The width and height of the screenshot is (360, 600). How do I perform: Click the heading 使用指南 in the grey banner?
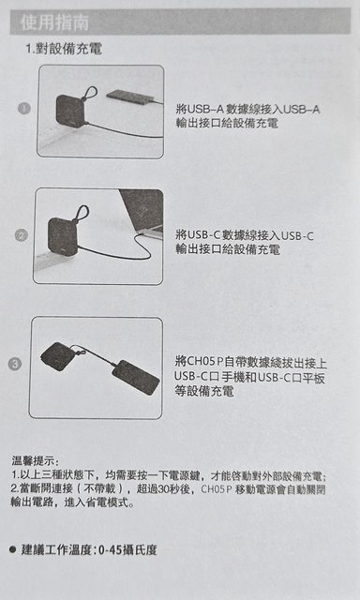tap(54, 22)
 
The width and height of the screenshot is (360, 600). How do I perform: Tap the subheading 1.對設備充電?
tap(64, 49)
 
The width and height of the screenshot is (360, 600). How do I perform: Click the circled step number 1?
tap(23, 109)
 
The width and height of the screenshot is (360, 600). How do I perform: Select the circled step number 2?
tap(21, 235)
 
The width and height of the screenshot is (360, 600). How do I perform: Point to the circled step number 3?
tap(14, 364)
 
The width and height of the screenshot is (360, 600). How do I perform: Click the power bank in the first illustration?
tap(70, 112)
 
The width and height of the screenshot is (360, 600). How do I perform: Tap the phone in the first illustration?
tap(129, 96)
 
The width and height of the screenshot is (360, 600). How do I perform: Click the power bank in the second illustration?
tap(64, 234)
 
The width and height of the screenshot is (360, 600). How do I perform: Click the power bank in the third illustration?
tap(58, 356)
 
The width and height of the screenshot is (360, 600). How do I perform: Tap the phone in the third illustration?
tap(137, 377)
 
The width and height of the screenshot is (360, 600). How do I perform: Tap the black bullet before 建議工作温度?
tap(13, 550)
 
